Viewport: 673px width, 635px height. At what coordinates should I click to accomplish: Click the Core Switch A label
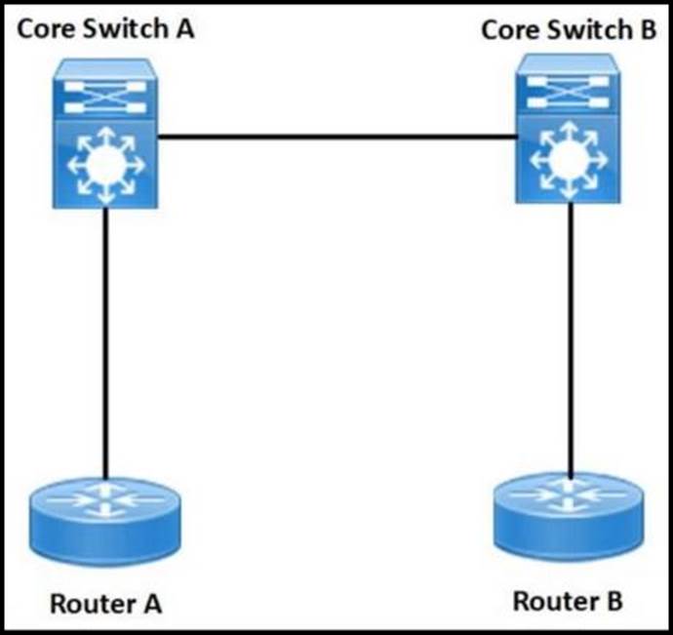106,28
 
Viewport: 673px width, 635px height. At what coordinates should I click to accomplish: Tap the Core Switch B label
569,29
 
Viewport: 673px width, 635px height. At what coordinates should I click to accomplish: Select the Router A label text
105,603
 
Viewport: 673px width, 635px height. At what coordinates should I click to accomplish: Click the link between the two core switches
336,139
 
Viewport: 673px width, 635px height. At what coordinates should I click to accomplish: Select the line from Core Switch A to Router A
105,341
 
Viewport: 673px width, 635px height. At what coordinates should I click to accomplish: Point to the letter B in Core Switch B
647,29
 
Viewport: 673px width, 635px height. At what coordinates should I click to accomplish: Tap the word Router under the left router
91,603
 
